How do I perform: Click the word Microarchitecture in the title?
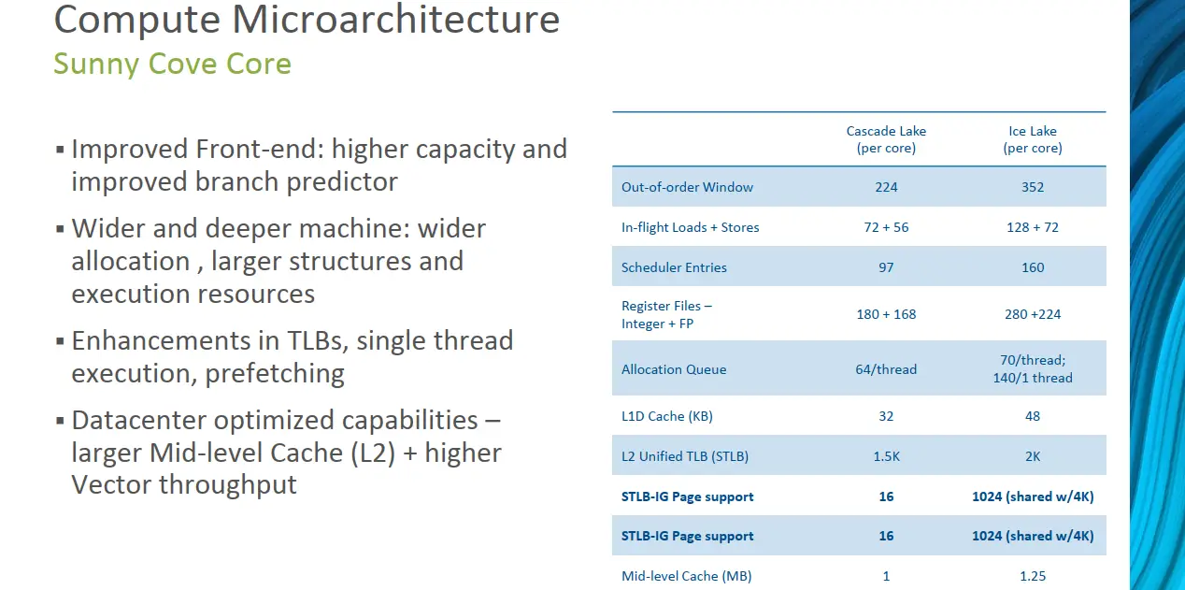click(x=395, y=19)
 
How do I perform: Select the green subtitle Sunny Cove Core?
click(x=173, y=64)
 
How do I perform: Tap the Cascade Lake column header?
click(x=886, y=139)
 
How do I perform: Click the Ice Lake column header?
click(x=1033, y=139)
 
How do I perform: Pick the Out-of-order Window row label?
click(x=687, y=187)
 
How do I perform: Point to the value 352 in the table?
click(x=1033, y=187)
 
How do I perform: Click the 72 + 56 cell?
click(x=886, y=227)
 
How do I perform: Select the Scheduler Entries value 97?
click(x=886, y=267)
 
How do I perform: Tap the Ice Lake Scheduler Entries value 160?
click(x=1033, y=267)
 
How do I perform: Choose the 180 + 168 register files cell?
click(x=886, y=314)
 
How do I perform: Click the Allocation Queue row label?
click(x=674, y=369)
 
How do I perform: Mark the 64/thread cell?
click(x=886, y=369)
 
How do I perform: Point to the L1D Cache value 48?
click(x=1033, y=416)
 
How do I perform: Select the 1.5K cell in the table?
click(x=886, y=456)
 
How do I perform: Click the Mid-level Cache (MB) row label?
click(x=687, y=576)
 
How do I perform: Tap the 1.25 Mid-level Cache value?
click(x=1033, y=576)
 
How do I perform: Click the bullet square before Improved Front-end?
click(x=60, y=150)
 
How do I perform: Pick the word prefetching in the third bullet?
click(x=275, y=374)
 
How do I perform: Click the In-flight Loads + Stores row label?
click(x=691, y=227)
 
